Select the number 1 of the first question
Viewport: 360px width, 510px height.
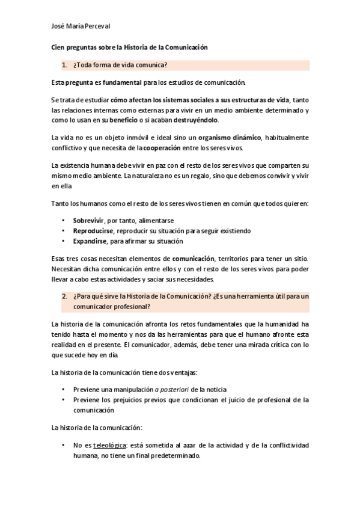(64, 64)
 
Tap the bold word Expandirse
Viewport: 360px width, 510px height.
(89, 241)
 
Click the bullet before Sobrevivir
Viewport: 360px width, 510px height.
(64, 221)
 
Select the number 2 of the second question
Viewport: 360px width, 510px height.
(64, 296)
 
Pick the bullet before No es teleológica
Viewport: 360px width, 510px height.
(64, 446)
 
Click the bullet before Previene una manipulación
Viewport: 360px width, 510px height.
(64, 389)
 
